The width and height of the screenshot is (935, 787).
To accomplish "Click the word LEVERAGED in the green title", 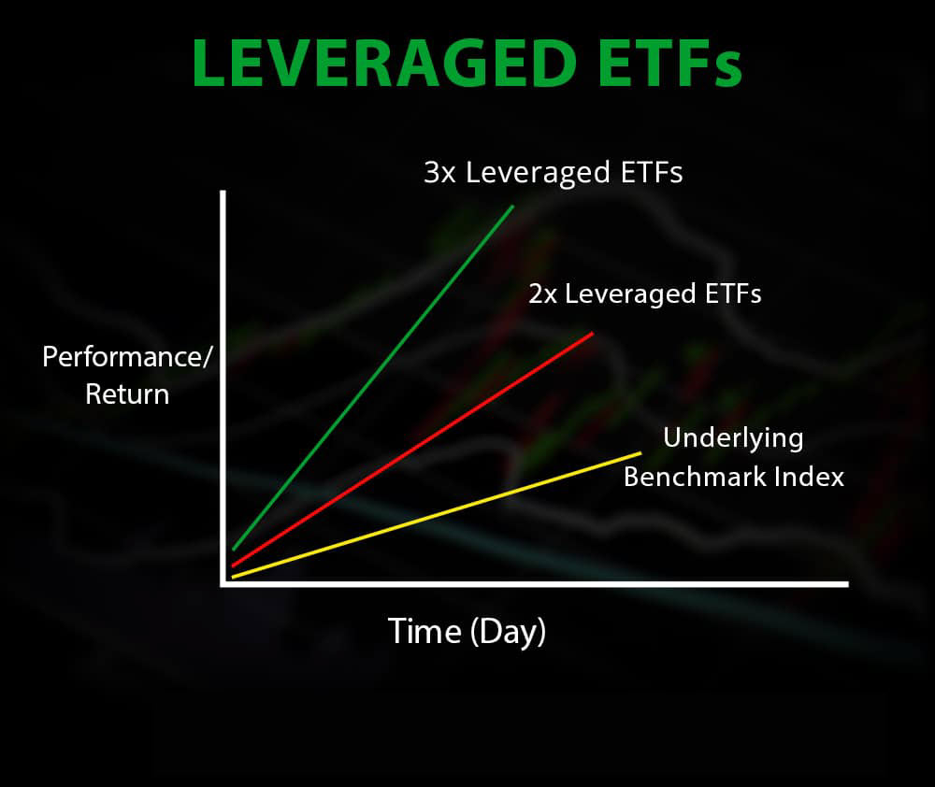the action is click(x=384, y=64).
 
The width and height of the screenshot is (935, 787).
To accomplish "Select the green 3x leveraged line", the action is click(x=373, y=378).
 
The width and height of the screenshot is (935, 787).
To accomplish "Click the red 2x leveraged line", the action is click(x=412, y=449).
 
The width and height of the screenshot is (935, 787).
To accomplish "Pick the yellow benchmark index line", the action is click(x=437, y=515).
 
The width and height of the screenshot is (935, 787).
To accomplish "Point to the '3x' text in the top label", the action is click(x=440, y=172).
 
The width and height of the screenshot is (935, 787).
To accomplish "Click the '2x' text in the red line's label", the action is click(x=543, y=293).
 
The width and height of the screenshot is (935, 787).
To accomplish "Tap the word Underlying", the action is click(x=733, y=438).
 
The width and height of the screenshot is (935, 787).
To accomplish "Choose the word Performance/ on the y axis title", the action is click(x=127, y=357).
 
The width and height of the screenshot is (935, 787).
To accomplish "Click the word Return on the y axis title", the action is click(x=127, y=394).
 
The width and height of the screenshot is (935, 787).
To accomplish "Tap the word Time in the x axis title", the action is click(x=424, y=631).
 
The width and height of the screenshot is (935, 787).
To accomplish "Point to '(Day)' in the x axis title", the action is click(x=508, y=632).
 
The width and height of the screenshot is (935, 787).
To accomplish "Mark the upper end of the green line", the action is click(x=512, y=207).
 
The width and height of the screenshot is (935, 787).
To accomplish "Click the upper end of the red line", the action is click(x=593, y=333).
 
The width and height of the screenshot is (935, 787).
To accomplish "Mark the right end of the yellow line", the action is click(x=641, y=453).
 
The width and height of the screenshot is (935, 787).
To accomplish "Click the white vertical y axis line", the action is click(x=223, y=388).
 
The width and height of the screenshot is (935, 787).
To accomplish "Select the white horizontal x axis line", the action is click(x=534, y=584).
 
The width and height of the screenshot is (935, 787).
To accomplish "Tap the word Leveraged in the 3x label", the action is click(x=539, y=174).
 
